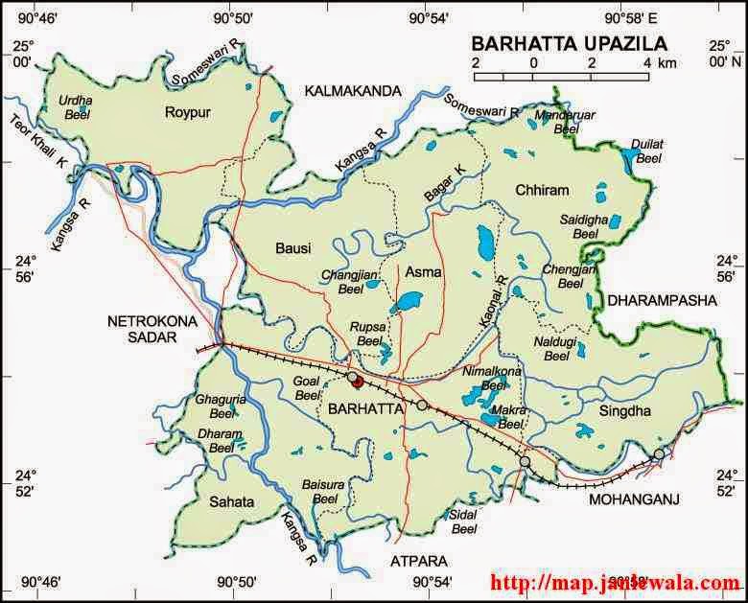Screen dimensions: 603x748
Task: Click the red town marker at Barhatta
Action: tap(357, 382)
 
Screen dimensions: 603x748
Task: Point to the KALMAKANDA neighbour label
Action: tap(353, 91)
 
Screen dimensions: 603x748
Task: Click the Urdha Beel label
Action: tap(75, 106)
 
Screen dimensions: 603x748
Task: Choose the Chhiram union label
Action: tap(541, 189)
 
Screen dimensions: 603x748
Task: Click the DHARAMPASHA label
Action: tap(662, 300)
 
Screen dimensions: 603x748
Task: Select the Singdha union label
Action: tap(624, 411)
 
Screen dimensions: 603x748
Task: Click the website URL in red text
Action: tap(615, 582)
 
